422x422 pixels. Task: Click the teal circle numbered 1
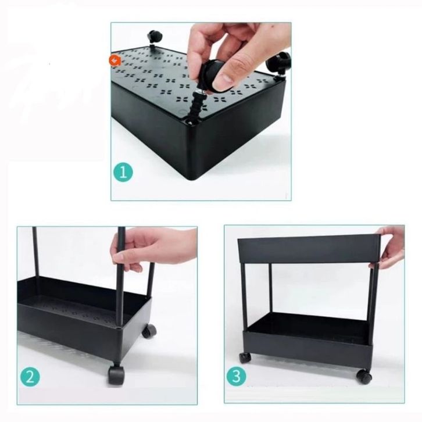[123, 172]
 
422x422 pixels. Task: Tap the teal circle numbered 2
[30, 377]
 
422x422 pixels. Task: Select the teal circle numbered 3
[237, 376]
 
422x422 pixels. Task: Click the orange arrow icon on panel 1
[115, 60]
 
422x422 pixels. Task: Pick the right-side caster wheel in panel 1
[279, 61]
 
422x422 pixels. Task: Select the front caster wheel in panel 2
[116, 374]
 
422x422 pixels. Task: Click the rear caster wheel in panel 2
[149, 331]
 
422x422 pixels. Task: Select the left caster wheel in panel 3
[245, 357]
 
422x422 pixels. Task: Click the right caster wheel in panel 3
[364, 376]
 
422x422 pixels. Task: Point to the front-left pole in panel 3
[244, 296]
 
